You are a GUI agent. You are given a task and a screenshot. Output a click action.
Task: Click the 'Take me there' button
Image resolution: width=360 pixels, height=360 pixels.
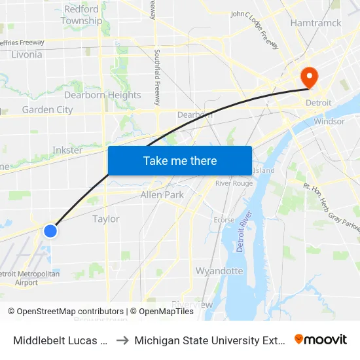(180, 160)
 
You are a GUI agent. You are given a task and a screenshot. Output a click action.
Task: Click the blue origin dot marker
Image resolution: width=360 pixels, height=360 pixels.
(50, 230)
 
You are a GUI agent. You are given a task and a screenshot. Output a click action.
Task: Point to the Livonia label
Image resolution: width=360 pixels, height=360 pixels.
(27, 54)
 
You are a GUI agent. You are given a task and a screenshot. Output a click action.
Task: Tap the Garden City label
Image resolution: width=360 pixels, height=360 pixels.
(47, 109)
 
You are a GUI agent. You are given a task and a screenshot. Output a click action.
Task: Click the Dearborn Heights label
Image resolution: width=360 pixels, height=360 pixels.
(102, 95)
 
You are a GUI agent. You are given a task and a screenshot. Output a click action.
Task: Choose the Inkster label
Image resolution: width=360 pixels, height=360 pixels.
(67, 150)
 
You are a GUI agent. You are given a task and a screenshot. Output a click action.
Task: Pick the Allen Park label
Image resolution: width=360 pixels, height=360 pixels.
(162, 194)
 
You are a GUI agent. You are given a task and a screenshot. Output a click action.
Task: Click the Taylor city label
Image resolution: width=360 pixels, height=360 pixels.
(105, 219)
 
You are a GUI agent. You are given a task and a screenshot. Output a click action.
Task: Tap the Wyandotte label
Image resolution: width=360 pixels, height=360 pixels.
(219, 270)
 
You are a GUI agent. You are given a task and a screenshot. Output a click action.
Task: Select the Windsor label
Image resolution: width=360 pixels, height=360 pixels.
(329, 121)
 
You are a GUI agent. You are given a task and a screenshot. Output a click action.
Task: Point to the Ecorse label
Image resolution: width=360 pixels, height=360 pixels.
(224, 220)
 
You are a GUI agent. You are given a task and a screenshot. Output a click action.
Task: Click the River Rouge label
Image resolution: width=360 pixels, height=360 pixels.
(234, 183)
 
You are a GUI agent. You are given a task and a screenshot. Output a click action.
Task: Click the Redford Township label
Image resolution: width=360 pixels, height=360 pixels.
(82, 15)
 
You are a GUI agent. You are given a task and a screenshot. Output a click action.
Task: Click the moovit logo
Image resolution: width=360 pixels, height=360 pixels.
(321, 340)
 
